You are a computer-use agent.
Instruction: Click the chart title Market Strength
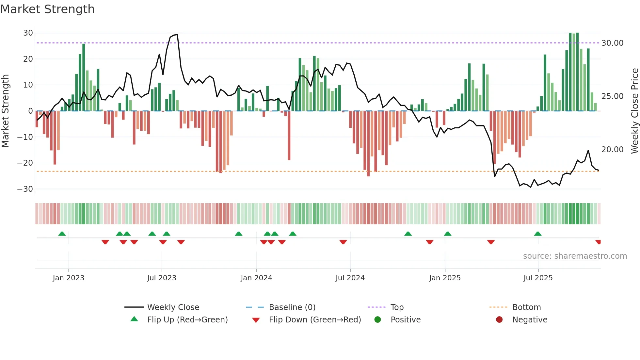pyautogui.click(x=47, y=9)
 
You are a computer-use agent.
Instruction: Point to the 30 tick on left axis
pyautogui.click(x=28, y=33)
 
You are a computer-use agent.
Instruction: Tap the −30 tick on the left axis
pyautogui.click(x=25, y=189)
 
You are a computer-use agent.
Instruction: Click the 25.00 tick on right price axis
pyautogui.click(x=612, y=96)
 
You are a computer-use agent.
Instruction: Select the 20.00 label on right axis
pyautogui.click(x=612, y=150)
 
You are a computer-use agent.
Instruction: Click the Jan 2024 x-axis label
pyautogui.click(x=256, y=278)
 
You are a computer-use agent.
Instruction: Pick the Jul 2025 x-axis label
pyautogui.click(x=538, y=278)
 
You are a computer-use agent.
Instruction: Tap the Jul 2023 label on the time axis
pyautogui.click(x=162, y=278)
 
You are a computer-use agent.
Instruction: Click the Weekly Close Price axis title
pyautogui.click(x=634, y=111)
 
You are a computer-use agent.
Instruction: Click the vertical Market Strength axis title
pyautogui.click(x=6, y=111)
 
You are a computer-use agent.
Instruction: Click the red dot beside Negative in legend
pyautogui.click(x=499, y=320)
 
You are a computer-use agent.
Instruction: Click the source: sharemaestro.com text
pyautogui.click(x=575, y=256)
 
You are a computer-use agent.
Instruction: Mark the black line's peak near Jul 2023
pyautogui.click(x=177, y=35)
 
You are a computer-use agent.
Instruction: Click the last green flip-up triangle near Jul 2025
pyautogui.click(x=538, y=234)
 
